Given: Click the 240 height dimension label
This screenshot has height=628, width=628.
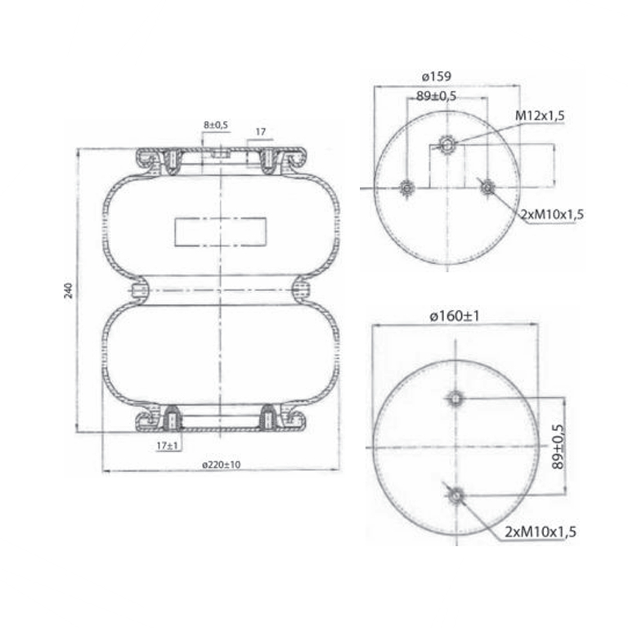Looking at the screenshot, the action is point(69,290).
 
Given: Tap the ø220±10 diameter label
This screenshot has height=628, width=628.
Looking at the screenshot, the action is point(222,464).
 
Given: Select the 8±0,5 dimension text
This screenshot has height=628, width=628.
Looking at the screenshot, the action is point(216,125).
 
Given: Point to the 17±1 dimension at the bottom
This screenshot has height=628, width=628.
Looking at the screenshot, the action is point(167,446).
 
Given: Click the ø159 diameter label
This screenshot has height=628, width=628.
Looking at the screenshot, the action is point(436,76).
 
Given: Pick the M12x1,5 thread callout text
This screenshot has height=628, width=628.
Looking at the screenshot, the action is point(540,116).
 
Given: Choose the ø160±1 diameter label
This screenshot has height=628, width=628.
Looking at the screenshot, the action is point(454,316).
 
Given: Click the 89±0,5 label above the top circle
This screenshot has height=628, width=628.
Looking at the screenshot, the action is point(436,96).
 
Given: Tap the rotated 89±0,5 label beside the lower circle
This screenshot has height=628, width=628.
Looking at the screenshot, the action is point(558,446).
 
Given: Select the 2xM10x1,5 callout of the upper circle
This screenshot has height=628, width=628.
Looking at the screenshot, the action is point(552,215).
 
